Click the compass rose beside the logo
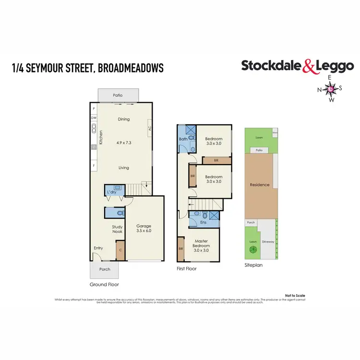[332, 89]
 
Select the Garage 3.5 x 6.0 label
[144, 228]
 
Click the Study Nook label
[118, 229]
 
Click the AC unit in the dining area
[150, 128]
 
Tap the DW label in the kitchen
[94, 118]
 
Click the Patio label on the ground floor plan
[118, 95]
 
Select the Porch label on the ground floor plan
[104, 269]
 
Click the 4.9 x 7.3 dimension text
[124, 143]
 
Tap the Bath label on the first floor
[183, 139]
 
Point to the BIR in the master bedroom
[180, 249]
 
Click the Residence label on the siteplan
[260, 185]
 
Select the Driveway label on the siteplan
[268, 242]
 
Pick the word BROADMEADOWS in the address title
[130, 68]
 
